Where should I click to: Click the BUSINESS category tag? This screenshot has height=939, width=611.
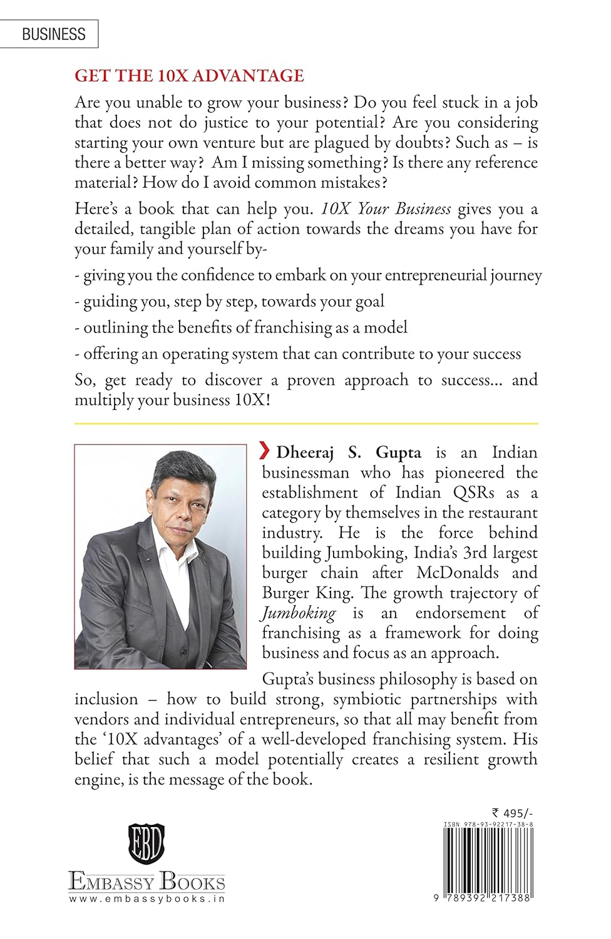click(53, 34)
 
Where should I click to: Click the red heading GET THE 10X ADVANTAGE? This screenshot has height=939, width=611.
click(189, 76)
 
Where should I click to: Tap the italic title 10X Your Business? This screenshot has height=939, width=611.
click(386, 208)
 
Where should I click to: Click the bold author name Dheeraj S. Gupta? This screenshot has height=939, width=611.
click(349, 452)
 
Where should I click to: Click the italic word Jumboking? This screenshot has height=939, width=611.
click(299, 613)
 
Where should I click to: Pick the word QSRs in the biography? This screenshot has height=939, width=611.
click(473, 492)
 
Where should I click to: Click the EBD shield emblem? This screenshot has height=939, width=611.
click(146, 844)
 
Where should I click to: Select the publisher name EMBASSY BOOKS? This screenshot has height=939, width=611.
click(146, 881)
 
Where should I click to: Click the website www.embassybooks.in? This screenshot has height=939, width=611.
click(146, 898)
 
